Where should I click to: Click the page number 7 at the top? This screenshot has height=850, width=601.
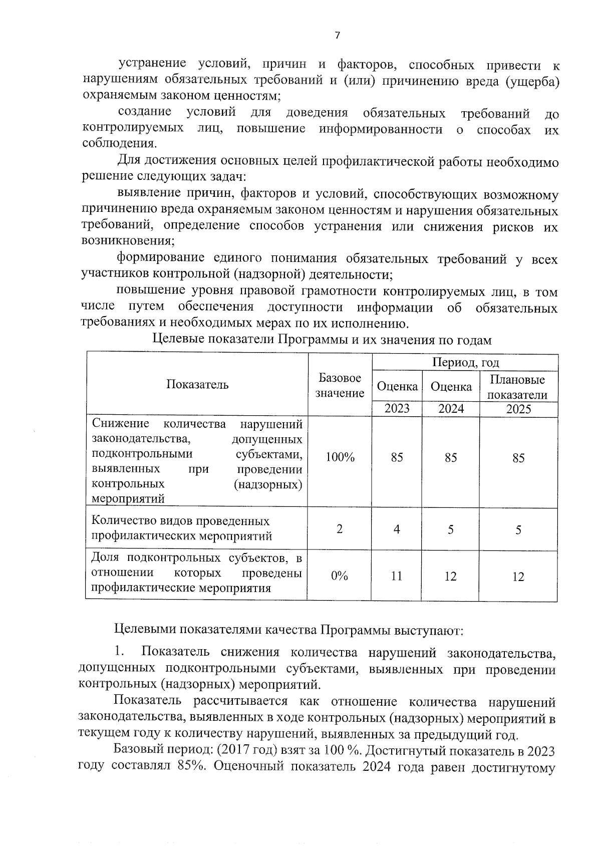click(337, 35)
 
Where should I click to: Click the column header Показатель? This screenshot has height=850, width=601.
click(197, 385)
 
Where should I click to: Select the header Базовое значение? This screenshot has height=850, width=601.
click(340, 385)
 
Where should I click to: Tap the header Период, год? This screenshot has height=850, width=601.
click(465, 362)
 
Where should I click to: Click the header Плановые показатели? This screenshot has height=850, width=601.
click(517, 387)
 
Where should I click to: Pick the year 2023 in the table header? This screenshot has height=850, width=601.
click(397, 409)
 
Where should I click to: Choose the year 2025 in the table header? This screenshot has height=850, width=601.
click(518, 409)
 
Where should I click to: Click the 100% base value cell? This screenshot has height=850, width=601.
click(340, 457)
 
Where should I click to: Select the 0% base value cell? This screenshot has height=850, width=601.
click(340, 576)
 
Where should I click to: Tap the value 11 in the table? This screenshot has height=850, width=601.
click(396, 576)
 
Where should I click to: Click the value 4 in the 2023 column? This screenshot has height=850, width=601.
click(396, 529)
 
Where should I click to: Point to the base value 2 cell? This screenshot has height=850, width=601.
click(340, 529)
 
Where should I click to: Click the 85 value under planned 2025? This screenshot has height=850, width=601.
click(518, 458)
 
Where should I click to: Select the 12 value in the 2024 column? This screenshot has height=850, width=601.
click(450, 577)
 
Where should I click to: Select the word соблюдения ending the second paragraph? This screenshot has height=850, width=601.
click(117, 144)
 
